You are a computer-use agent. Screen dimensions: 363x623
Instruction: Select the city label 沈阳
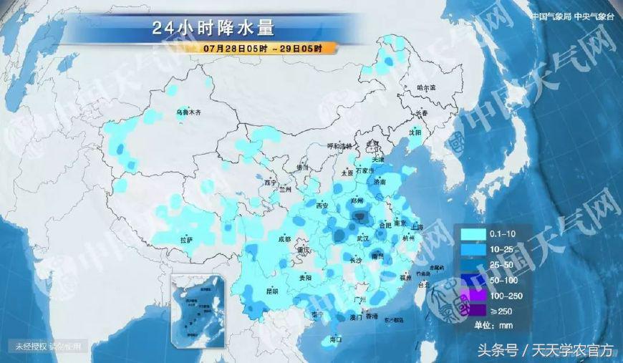tap(415, 132)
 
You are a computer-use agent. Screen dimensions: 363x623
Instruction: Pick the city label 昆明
tap(271, 291)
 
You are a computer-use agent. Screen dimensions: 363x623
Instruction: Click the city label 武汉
tap(363, 237)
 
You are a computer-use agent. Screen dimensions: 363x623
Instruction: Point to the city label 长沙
tap(356, 261)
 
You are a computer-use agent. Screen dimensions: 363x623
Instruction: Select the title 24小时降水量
tap(213, 29)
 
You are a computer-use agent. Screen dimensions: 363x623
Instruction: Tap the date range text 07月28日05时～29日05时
tap(261, 49)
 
